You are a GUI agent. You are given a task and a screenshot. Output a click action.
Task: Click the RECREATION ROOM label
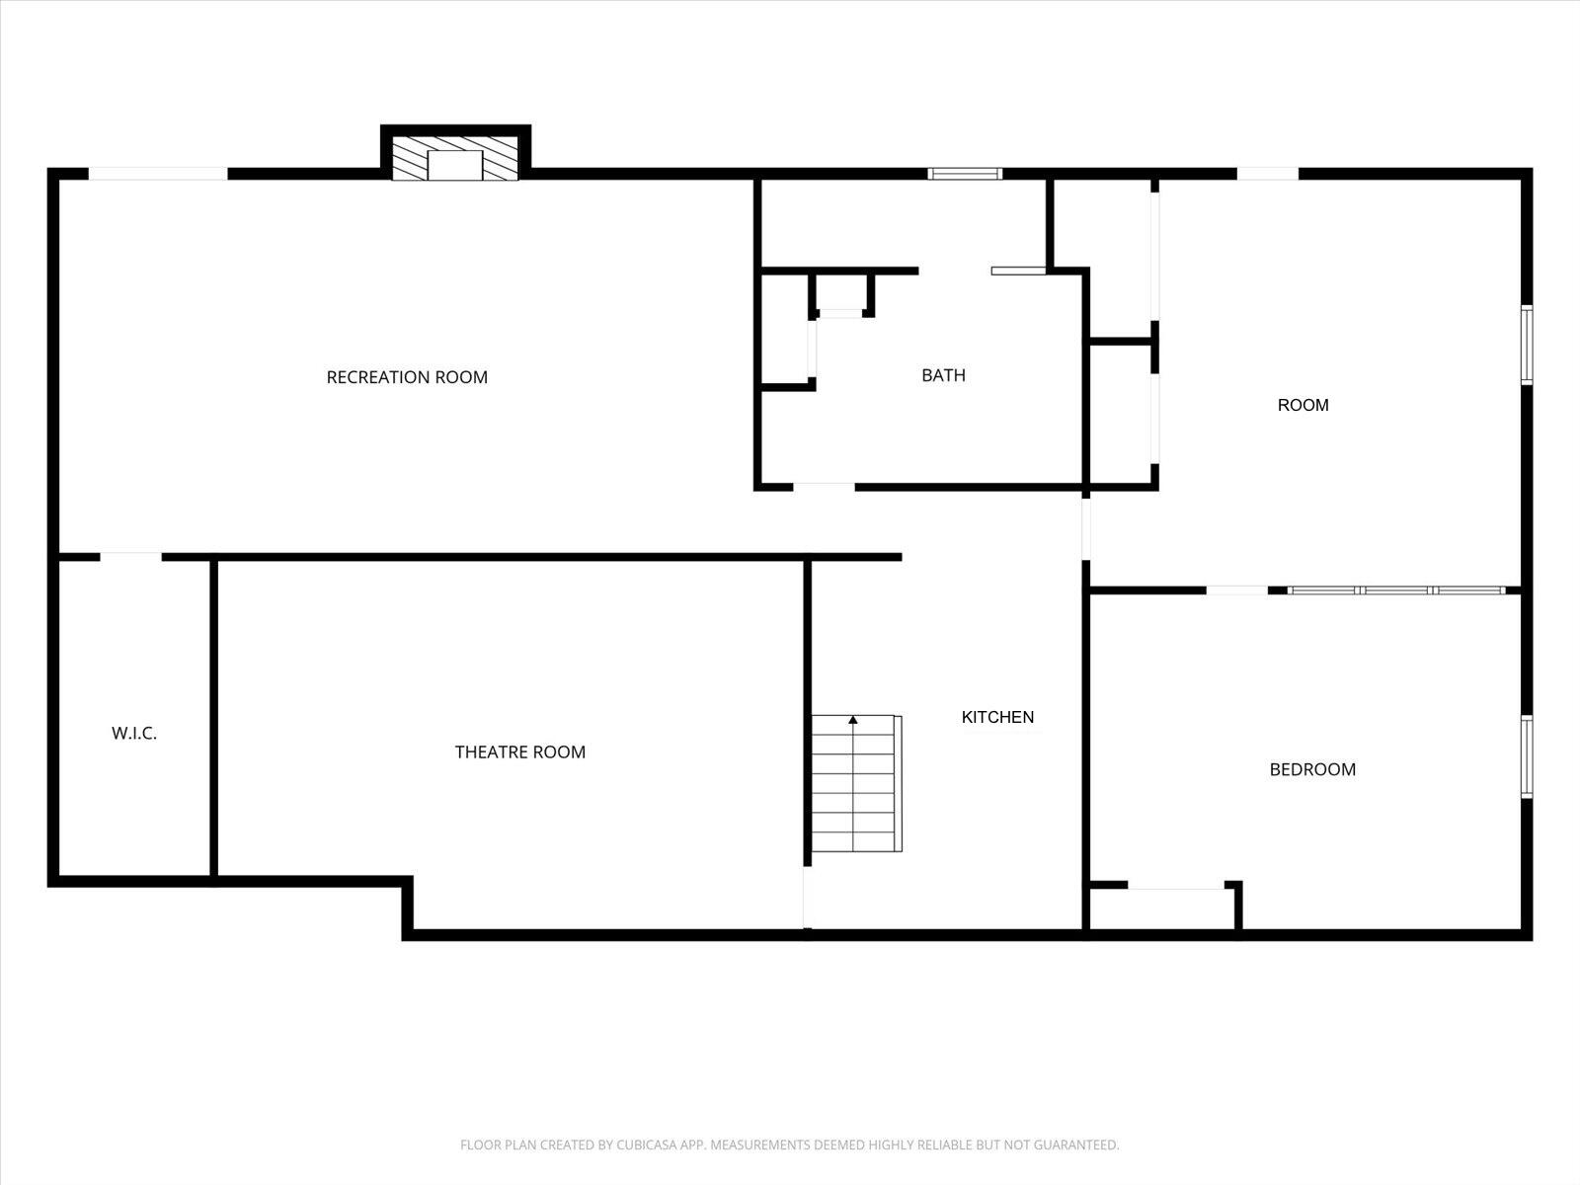point(407,377)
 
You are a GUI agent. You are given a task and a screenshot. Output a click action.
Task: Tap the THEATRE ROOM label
point(519,751)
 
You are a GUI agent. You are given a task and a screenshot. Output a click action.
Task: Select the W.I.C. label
point(134,733)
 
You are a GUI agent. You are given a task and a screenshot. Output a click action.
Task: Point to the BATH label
point(943,375)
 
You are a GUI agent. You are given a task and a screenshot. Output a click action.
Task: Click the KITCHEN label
point(997,717)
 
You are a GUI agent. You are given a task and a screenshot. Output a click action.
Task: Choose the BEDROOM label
point(1312,769)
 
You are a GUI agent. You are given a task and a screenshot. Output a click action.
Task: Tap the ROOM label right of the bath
point(1303,405)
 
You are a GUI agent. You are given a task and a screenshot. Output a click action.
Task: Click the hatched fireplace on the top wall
point(455,158)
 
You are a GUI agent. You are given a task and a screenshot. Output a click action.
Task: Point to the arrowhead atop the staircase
point(853,720)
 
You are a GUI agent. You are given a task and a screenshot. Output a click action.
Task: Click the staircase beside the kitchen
point(856,783)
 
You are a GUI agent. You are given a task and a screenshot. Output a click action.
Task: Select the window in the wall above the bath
point(965,174)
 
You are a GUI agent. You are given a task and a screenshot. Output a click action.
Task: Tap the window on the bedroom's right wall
point(1527,756)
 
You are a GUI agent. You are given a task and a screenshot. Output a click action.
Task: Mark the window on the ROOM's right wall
point(1527,345)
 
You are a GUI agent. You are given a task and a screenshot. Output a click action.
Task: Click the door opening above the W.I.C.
point(131,557)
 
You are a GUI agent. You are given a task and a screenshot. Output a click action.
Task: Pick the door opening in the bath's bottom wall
point(825,487)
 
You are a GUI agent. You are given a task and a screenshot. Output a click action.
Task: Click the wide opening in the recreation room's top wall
point(158,174)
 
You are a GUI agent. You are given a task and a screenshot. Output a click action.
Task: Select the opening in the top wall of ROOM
point(1268,174)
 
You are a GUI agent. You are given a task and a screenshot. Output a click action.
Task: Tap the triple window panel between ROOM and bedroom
point(1396,591)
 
